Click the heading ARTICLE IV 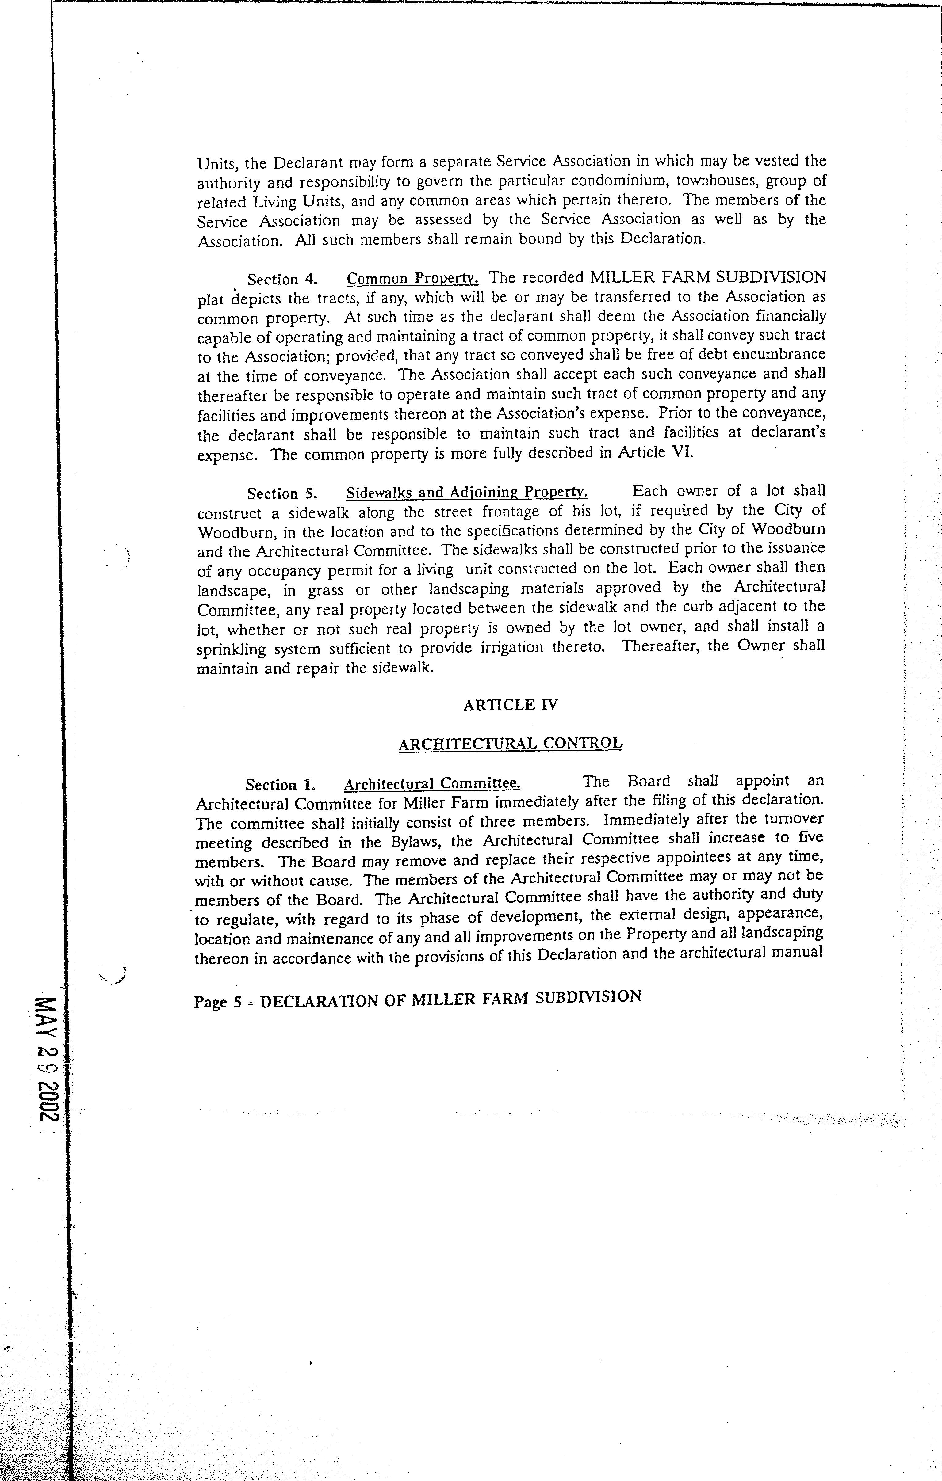(x=510, y=705)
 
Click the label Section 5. (x=282, y=494)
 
